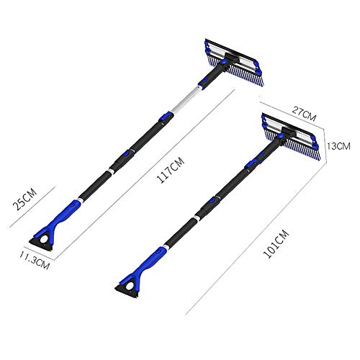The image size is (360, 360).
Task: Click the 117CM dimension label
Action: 171,170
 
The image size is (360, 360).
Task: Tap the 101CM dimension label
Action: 276,244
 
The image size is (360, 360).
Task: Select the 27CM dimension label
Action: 304,114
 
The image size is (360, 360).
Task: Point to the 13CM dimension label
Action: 338,145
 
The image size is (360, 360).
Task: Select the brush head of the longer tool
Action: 234,62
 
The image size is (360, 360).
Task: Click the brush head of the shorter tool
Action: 291,136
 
